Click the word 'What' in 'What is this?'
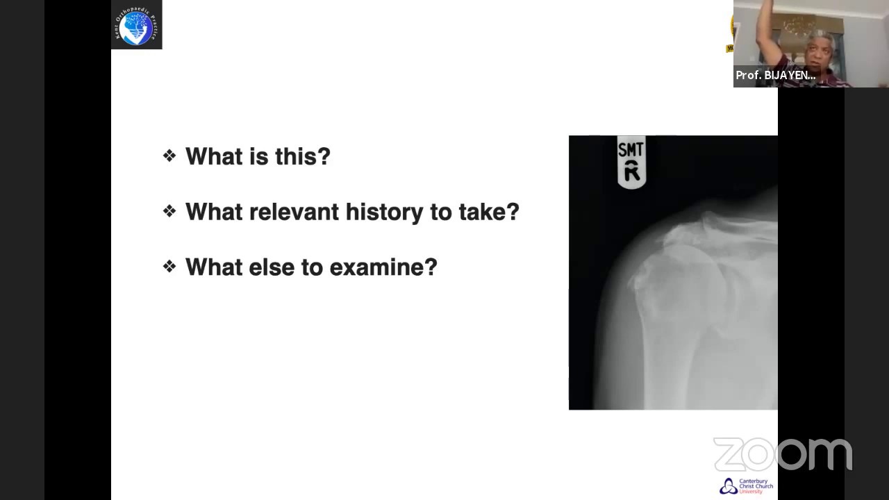(x=213, y=156)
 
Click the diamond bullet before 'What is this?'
(x=169, y=156)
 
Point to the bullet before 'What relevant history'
(x=169, y=211)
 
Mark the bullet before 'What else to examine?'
(x=169, y=267)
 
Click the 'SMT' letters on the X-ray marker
(x=631, y=149)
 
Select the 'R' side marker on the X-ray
(x=631, y=171)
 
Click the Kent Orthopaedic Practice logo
(x=137, y=25)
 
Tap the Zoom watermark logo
(x=782, y=455)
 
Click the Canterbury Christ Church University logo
(x=747, y=485)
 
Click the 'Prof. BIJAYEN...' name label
(x=775, y=76)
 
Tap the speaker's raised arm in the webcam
(x=766, y=28)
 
